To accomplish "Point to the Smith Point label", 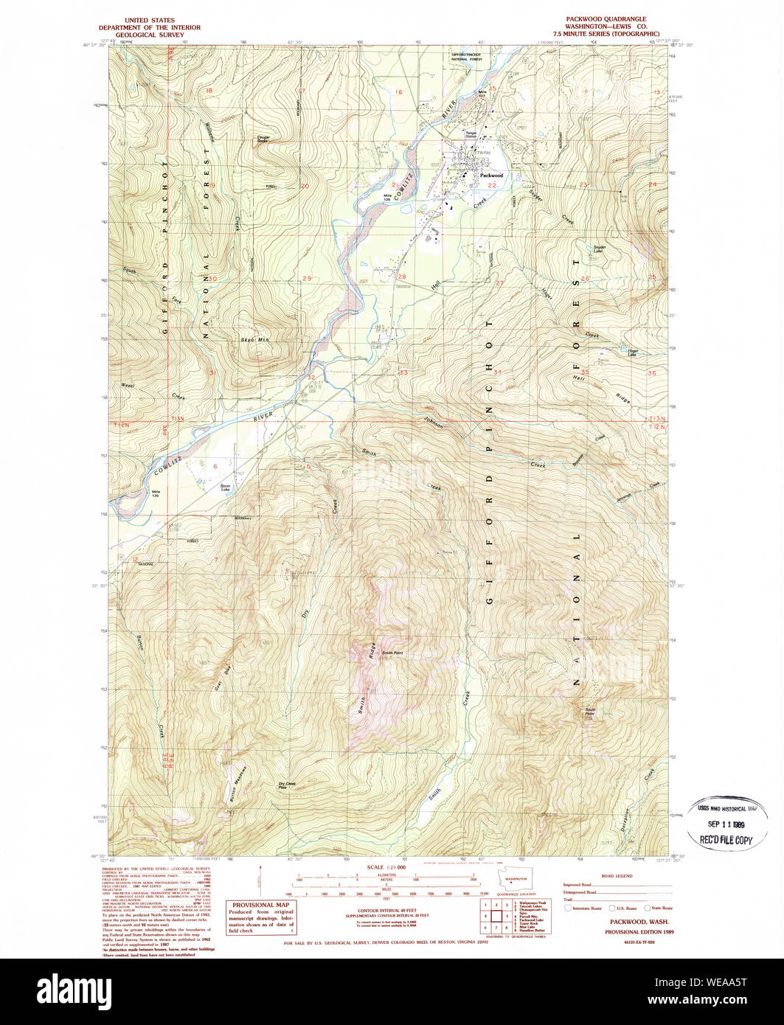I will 392,652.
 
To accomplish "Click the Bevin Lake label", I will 226,487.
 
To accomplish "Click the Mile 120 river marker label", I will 156,493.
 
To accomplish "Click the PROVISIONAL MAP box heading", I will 260,905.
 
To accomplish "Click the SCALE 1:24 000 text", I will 386,868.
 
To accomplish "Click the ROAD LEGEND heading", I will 618,876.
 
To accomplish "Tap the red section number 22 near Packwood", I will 490,186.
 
